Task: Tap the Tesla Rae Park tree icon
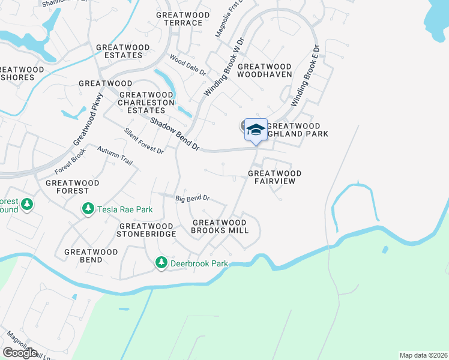(88, 209)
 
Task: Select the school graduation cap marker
(256, 130)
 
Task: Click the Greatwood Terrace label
(182, 19)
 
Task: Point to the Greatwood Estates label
(119, 51)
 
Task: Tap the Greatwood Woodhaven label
(265, 71)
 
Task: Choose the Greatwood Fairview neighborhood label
(274, 177)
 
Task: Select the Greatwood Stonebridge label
(146, 230)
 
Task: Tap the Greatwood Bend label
(91, 256)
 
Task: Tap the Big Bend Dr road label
(192, 198)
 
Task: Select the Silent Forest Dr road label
(143, 142)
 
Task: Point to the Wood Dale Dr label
(187, 64)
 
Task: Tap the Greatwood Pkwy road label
(88, 119)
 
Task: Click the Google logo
(20, 353)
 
